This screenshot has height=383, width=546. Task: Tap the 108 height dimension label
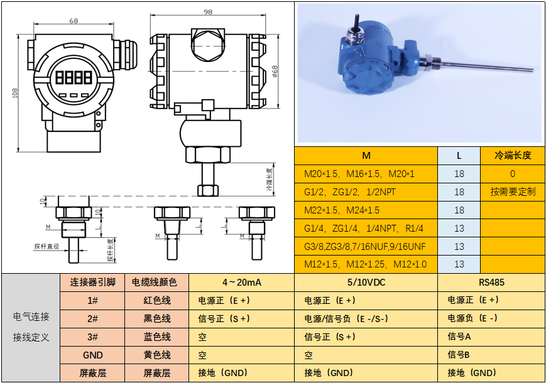pos(15,92)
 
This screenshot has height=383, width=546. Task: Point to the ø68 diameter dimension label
pos(275,71)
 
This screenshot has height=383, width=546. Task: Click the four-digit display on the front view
pos(74,78)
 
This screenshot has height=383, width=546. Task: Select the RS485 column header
pos(491,283)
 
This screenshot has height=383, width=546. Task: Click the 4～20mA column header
pos(241,283)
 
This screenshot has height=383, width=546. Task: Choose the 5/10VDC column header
pos(366,283)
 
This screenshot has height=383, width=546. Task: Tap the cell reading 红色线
pos(156,301)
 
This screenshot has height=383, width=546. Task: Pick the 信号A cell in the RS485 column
pos(459,337)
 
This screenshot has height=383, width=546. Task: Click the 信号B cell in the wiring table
pos(459,355)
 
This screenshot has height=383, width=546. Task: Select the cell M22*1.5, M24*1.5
pos(342,210)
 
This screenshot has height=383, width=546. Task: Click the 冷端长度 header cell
pos(513,155)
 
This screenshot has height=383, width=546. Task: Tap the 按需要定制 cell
pos(513,191)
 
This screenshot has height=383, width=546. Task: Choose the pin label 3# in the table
pos(93,337)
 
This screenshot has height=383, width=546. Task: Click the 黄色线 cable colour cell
pos(156,355)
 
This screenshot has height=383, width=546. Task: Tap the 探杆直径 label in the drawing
pos(46,247)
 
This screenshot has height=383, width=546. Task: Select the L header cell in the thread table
pos(459,155)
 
